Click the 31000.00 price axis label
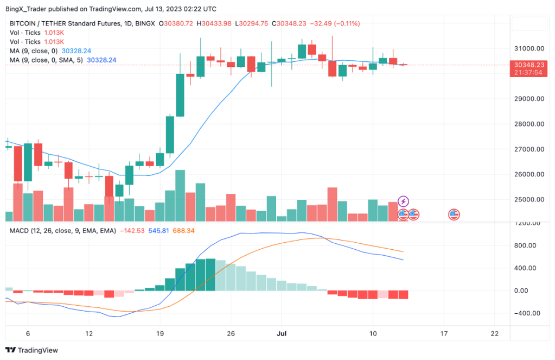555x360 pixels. pyautogui.click(x=529, y=48)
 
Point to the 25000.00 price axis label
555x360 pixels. pyautogui.click(x=529, y=199)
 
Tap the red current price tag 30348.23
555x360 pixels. pyautogui.click(x=528, y=65)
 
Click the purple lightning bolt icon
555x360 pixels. pyautogui.click(x=403, y=201)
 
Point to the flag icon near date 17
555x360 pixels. pyautogui.click(x=454, y=214)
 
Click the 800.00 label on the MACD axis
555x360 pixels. pyautogui.click(x=530, y=245)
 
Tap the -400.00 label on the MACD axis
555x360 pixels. pyautogui.click(x=529, y=313)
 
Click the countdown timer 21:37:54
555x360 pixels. pyautogui.click(x=528, y=72)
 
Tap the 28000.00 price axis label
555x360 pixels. pyautogui.click(x=529, y=124)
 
